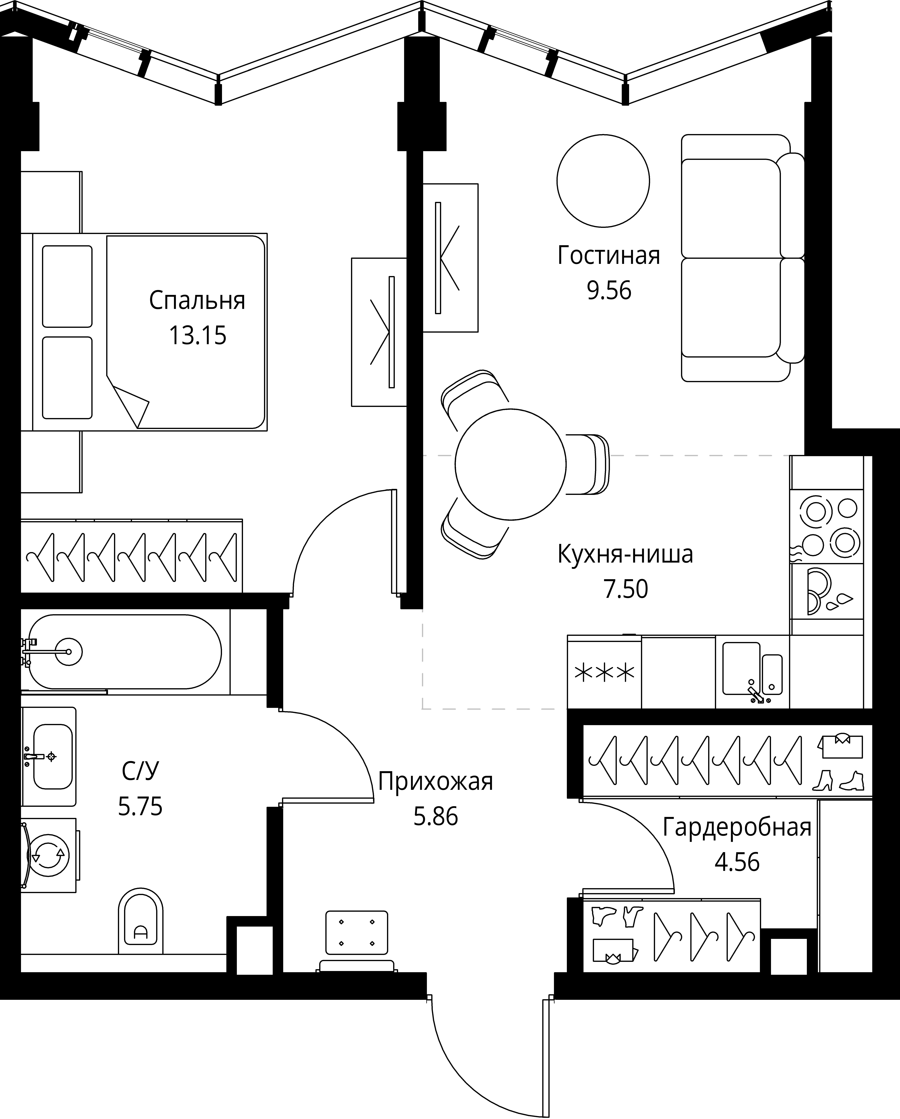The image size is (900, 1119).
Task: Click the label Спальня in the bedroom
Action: [x=197, y=301]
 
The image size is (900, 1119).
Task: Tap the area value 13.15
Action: [x=198, y=336]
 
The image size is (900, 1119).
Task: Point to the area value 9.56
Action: [x=609, y=291]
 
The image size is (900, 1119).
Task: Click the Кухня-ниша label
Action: [x=625, y=554]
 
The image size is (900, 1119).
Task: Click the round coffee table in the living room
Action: [x=603, y=181]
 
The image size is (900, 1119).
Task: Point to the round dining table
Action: [x=510, y=465]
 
